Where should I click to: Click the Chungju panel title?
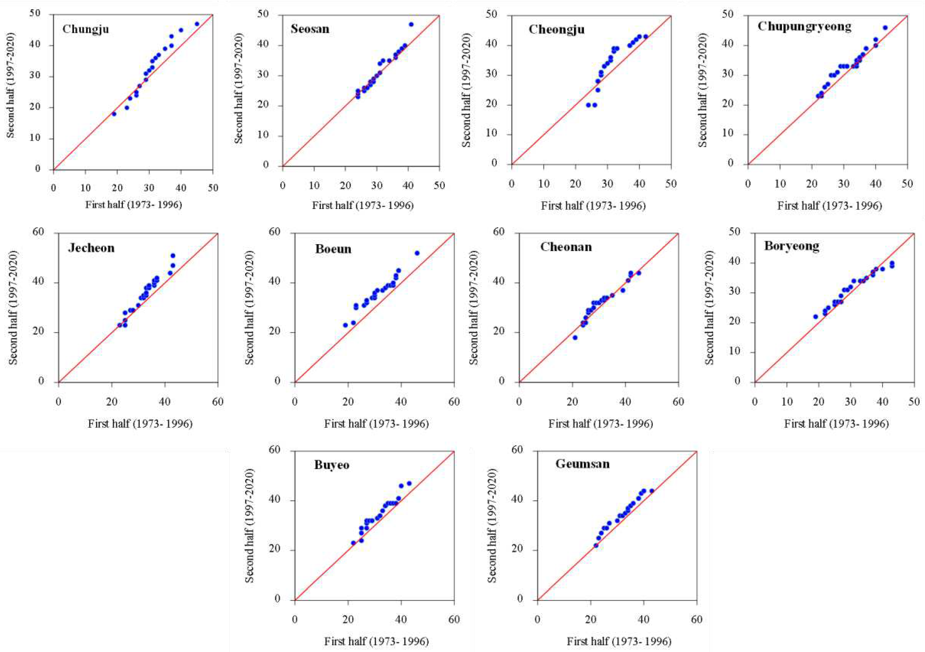[x=85, y=29]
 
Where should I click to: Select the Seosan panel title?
[x=310, y=29]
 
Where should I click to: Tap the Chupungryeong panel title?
[x=804, y=27]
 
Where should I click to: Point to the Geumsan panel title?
[x=582, y=464]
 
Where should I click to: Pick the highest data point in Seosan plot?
[x=411, y=24]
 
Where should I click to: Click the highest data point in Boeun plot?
[x=417, y=253]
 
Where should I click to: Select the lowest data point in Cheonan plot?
[x=575, y=338]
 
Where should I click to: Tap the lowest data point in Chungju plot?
[x=114, y=114]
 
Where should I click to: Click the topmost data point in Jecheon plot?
[x=173, y=255]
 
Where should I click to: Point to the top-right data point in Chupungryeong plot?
[x=885, y=28]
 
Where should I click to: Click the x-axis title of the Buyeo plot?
[x=376, y=641]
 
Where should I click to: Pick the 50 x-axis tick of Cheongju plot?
[x=671, y=184]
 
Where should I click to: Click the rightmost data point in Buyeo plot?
[x=409, y=483]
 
